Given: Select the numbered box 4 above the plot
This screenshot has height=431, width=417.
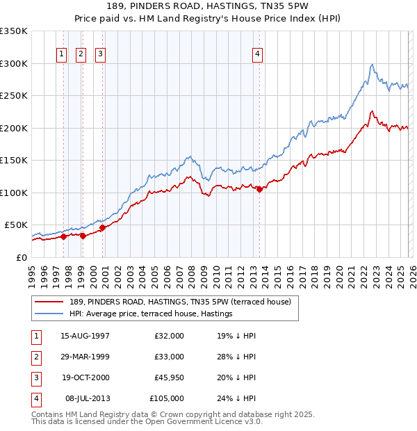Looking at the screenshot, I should [257, 54].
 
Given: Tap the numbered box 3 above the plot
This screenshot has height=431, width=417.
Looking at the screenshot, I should [101, 54].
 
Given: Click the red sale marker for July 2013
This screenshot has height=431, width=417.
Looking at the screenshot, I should [259, 189].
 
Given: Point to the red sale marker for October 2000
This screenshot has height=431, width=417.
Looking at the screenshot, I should [102, 227].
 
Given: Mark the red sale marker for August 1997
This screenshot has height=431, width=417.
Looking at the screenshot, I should [63, 236].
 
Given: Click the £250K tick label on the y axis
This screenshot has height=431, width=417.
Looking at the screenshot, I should [14, 96].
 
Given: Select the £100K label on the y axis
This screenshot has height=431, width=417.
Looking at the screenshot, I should [14, 193].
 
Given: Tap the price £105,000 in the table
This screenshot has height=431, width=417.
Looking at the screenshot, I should [167, 398].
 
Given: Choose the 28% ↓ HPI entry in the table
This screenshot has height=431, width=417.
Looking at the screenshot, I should [236, 357].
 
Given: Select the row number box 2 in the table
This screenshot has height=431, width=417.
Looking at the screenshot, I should [34, 357].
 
